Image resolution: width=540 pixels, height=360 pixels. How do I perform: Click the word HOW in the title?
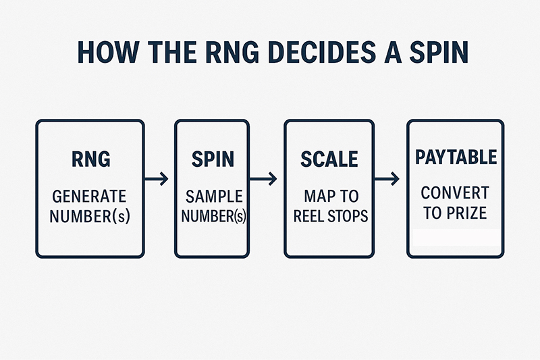click(109, 53)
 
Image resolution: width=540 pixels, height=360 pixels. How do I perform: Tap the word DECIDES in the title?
click(322, 53)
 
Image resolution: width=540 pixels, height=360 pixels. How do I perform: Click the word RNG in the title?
click(232, 53)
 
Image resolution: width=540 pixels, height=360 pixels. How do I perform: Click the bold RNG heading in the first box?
click(91, 159)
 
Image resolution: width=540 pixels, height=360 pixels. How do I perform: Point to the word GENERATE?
click(90, 197)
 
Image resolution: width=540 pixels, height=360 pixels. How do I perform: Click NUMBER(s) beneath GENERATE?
click(90, 217)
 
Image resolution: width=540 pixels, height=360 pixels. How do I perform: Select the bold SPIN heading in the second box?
click(213, 159)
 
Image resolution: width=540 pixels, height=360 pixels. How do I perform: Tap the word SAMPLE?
click(214, 197)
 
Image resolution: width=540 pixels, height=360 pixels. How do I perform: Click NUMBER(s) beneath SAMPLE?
click(213, 216)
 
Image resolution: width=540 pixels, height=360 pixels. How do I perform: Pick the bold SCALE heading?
click(329, 159)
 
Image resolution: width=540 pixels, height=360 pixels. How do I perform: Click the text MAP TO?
click(331, 197)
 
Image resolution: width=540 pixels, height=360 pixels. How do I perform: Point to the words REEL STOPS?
click(331, 216)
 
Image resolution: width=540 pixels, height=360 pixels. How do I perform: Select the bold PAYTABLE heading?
click(456, 157)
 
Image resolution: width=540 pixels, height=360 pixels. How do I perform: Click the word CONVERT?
click(455, 193)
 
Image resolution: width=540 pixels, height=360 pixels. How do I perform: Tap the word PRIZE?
click(466, 213)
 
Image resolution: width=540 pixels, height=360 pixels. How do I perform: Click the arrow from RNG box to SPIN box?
click(157, 179)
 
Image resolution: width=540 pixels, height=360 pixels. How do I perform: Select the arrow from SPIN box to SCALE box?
click(263, 179)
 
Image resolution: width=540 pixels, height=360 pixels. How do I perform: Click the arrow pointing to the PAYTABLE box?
click(387, 179)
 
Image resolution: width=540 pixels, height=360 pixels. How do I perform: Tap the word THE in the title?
click(172, 53)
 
